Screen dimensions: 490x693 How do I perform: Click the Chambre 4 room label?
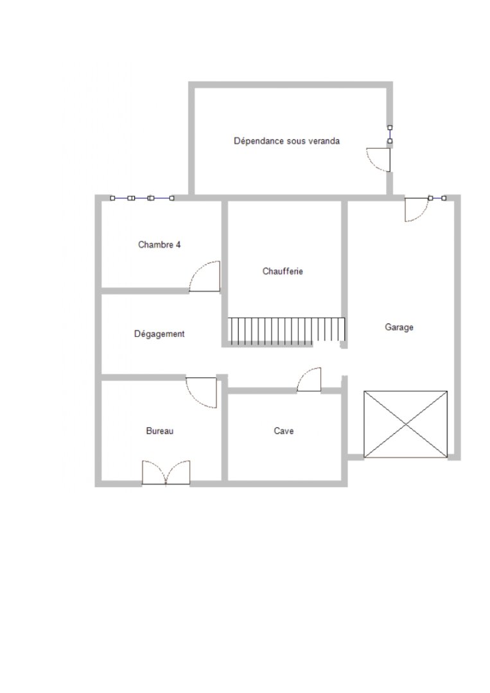point(159,244)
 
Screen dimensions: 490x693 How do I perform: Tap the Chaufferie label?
point(283,271)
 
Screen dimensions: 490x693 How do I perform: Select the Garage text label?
point(399,327)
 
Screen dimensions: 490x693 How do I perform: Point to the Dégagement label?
point(159,334)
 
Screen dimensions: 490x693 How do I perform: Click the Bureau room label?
point(160,431)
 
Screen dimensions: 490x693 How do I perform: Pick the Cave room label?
point(283,431)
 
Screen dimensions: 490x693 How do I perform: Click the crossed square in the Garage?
point(405,424)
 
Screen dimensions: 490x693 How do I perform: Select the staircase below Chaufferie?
point(286,331)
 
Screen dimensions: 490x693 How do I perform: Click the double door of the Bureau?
point(166,473)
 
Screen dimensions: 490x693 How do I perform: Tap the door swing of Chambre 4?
point(205,276)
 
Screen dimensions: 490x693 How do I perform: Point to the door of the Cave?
point(309,380)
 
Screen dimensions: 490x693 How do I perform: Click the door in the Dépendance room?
point(378,160)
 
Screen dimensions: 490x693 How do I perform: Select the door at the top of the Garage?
point(417,209)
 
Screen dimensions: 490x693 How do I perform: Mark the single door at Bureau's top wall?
point(201,393)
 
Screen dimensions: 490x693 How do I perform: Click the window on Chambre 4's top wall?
point(142,198)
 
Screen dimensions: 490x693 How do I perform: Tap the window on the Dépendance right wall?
point(390,134)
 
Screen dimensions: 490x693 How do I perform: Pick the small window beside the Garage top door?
point(437,198)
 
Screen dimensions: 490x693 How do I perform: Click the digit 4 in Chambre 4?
point(179,244)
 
